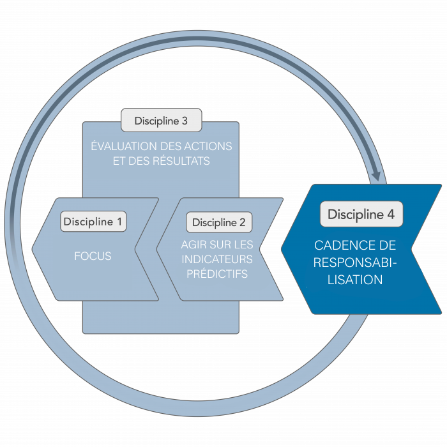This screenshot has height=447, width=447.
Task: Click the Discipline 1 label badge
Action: [94, 222]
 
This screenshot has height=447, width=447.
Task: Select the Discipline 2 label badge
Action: [218, 222]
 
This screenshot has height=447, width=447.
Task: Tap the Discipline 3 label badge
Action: [161, 120]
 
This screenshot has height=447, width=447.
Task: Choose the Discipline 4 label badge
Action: [361, 215]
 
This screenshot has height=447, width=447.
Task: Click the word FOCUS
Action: [93, 257]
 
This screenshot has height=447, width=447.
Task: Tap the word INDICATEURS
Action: [217, 260]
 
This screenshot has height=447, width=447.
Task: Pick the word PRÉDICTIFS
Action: [217, 275]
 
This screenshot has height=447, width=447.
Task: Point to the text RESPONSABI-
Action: [356, 262]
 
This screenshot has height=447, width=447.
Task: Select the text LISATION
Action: [355, 280]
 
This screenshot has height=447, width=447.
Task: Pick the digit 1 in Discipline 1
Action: [119, 222]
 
